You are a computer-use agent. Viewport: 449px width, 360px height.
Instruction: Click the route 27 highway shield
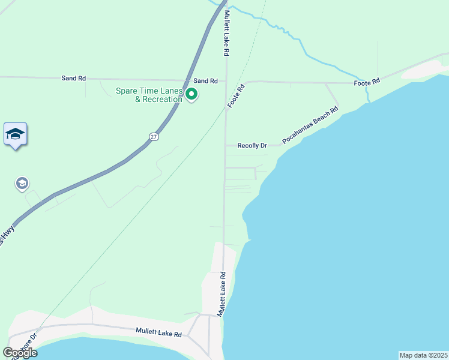tap(154, 137)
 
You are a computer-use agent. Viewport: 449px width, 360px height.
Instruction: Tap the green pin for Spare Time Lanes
tap(192, 94)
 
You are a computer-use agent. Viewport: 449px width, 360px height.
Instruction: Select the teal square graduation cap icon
tap(15, 134)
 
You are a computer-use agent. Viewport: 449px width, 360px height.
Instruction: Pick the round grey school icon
tap(23, 183)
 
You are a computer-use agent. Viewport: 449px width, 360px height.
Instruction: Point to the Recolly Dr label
tap(252, 146)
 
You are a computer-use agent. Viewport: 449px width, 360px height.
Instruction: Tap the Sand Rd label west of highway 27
tap(73, 78)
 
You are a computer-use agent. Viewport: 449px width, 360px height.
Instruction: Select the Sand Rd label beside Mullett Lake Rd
tap(205, 80)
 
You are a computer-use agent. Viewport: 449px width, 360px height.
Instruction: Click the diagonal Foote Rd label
tap(237, 96)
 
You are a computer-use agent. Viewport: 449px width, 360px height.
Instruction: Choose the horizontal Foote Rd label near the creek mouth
tap(367, 82)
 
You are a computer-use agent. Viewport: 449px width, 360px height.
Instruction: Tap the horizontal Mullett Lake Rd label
tap(158, 331)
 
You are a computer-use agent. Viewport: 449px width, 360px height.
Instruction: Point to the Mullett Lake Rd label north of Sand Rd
tap(227, 34)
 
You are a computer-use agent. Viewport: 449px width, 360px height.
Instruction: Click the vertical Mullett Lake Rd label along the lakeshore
tap(221, 294)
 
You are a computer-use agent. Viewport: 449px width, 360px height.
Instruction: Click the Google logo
tap(19, 353)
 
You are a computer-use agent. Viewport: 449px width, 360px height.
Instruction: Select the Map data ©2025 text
tap(423, 355)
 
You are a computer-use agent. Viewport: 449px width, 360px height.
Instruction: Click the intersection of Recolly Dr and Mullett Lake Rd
tap(225, 145)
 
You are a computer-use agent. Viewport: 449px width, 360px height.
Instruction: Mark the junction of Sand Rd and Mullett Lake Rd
tap(226, 80)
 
